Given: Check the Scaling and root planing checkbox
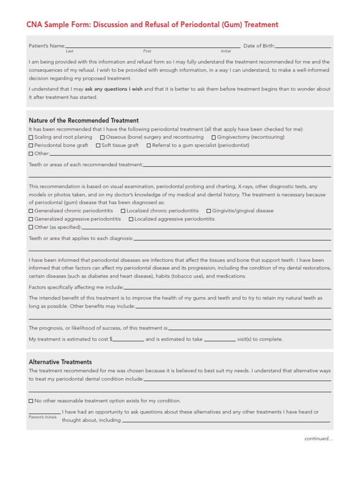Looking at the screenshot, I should coord(31,137).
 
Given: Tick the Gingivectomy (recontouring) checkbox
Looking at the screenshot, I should coord(214,137).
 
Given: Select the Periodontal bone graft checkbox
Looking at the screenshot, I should coord(31,145).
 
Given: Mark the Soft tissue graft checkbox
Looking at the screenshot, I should coord(98,145).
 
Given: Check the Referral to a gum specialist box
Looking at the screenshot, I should coord(149,145).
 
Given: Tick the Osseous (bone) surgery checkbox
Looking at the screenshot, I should coord(102,137).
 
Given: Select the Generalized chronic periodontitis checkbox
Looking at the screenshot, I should coord(31,211).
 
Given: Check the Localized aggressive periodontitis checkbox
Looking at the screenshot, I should coord(131,219).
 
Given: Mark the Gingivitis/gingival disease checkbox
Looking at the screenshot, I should coord(209,211).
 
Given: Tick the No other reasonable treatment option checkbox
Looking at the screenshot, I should coord(31,401).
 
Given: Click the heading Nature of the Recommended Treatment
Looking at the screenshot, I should coord(83,120).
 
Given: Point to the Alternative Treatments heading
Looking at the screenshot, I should coord(60,362).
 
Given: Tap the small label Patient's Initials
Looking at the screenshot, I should coord(42,417).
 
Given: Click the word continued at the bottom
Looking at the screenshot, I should coord(318,439).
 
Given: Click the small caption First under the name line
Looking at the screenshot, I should coord(147,51).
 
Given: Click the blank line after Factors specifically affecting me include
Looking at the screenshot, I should coord(227,288).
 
